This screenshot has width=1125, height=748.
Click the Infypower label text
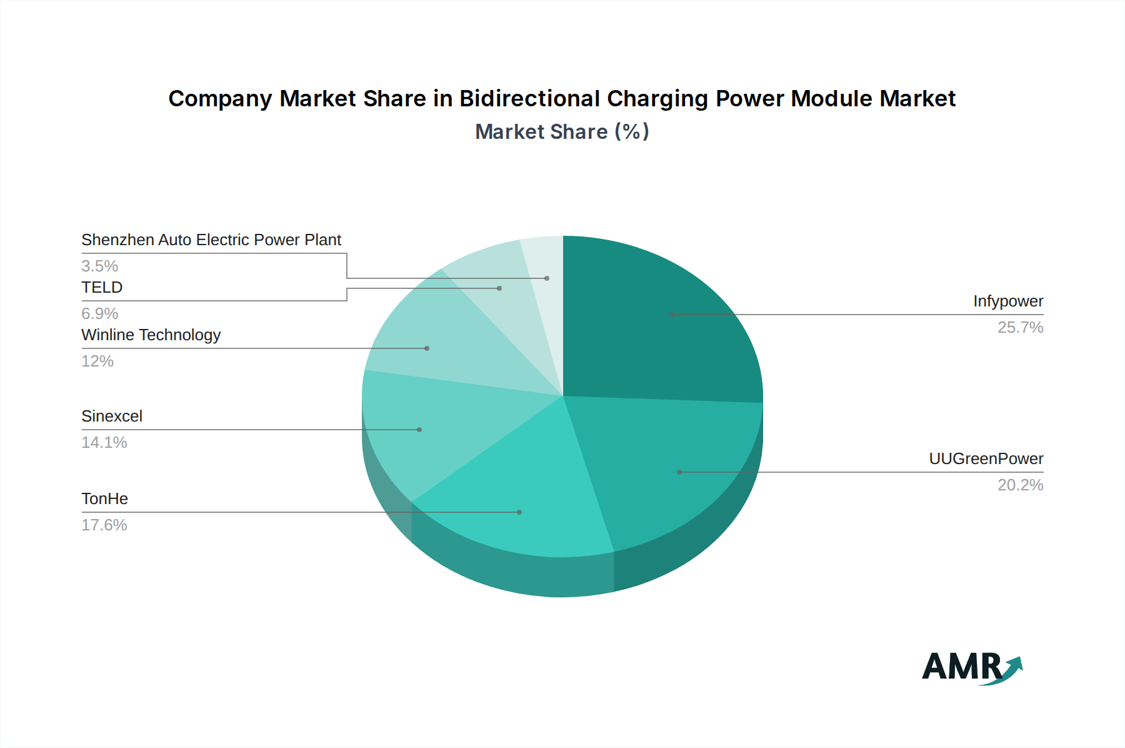coord(1007,301)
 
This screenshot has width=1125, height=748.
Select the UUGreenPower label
coord(986,459)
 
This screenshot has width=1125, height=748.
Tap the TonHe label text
coord(104,499)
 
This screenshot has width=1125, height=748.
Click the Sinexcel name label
coord(112,417)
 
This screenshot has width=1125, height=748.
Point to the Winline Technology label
coord(151,335)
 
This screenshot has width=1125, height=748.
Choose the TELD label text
coord(102,288)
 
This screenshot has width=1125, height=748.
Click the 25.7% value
coord(1020,328)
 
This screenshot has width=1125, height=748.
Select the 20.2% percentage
coord(1020,485)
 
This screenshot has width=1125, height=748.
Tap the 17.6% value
coord(104,525)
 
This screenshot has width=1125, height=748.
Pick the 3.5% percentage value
coord(99,266)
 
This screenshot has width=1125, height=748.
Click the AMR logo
coord(971,668)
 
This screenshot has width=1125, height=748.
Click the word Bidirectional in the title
coord(530,99)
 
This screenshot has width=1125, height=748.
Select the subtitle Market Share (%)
coord(562,132)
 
